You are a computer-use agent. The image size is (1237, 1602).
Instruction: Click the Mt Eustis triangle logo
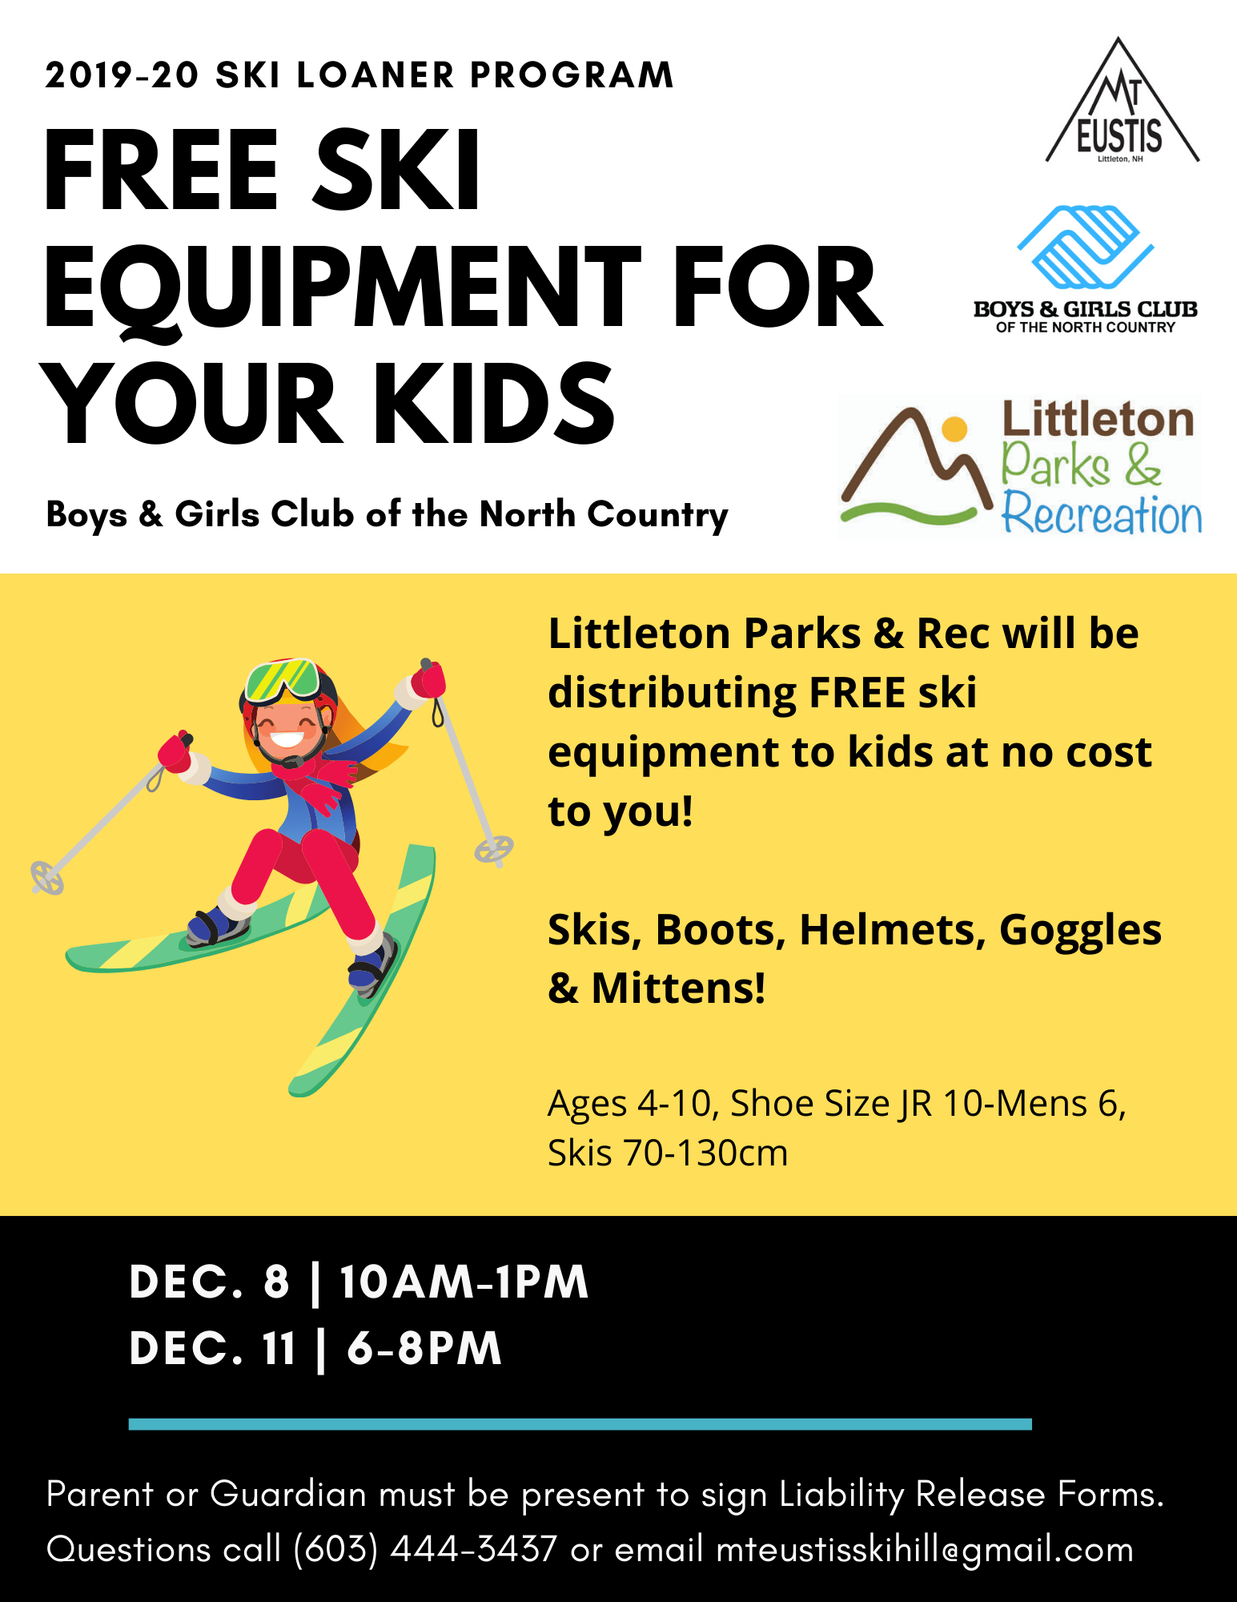point(1121,104)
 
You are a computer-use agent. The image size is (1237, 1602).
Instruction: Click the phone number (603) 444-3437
point(425,1549)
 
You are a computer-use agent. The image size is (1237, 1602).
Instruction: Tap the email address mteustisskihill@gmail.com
point(925,1549)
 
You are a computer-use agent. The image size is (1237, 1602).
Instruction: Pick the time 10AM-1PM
point(464,1282)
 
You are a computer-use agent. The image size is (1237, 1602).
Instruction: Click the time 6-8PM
point(424,1348)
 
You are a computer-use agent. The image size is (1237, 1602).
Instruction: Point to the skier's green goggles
point(282,680)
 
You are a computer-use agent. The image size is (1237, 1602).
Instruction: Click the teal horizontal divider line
point(580,1423)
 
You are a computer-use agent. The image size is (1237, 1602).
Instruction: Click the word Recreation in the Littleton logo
point(1102,514)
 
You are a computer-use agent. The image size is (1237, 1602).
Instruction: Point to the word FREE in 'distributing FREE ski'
point(857,693)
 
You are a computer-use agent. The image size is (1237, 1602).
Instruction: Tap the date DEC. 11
point(212,1348)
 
